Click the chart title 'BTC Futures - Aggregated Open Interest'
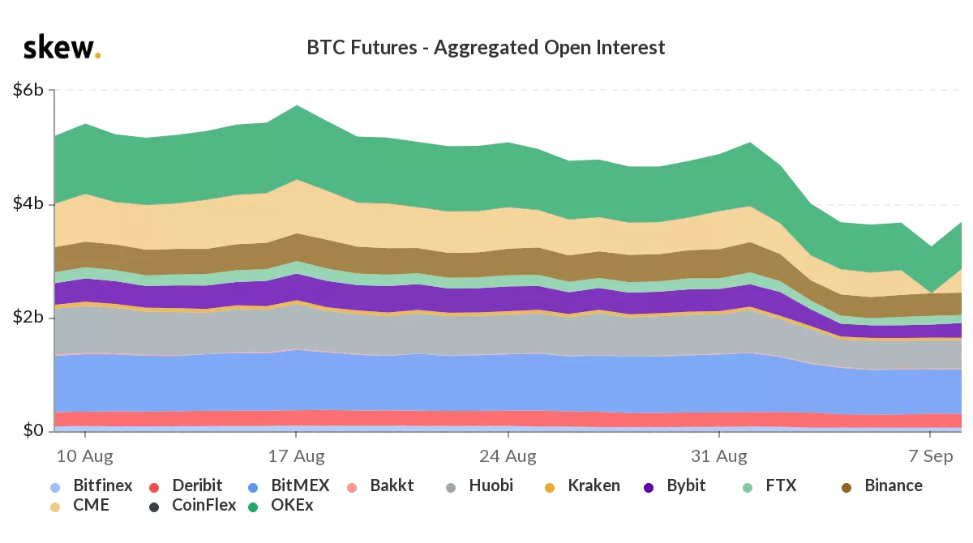click(x=486, y=48)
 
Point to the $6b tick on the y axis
click(x=28, y=90)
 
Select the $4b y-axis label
click(x=28, y=203)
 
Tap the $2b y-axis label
click(x=28, y=317)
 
